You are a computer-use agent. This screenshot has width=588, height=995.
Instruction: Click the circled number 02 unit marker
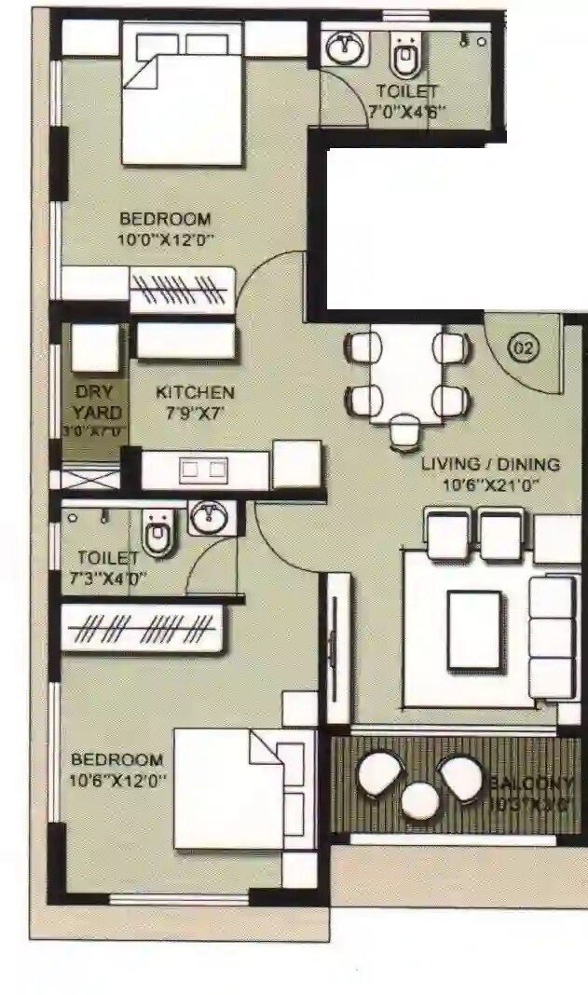click(x=524, y=348)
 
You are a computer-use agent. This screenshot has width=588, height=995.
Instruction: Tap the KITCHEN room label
click(x=195, y=392)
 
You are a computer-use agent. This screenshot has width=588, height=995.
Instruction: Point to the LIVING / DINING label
click(x=490, y=464)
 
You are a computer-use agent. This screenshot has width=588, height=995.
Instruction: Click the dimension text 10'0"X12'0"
click(x=167, y=239)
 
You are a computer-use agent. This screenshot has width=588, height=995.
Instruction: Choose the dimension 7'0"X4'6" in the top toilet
click(x=406, y=111)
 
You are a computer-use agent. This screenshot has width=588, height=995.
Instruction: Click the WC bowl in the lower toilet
click(x=158, y=535)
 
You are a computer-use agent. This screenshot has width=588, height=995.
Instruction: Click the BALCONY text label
click(x=532, y=783)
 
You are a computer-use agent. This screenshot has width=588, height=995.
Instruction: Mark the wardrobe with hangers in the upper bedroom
click(x=182, y=290)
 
